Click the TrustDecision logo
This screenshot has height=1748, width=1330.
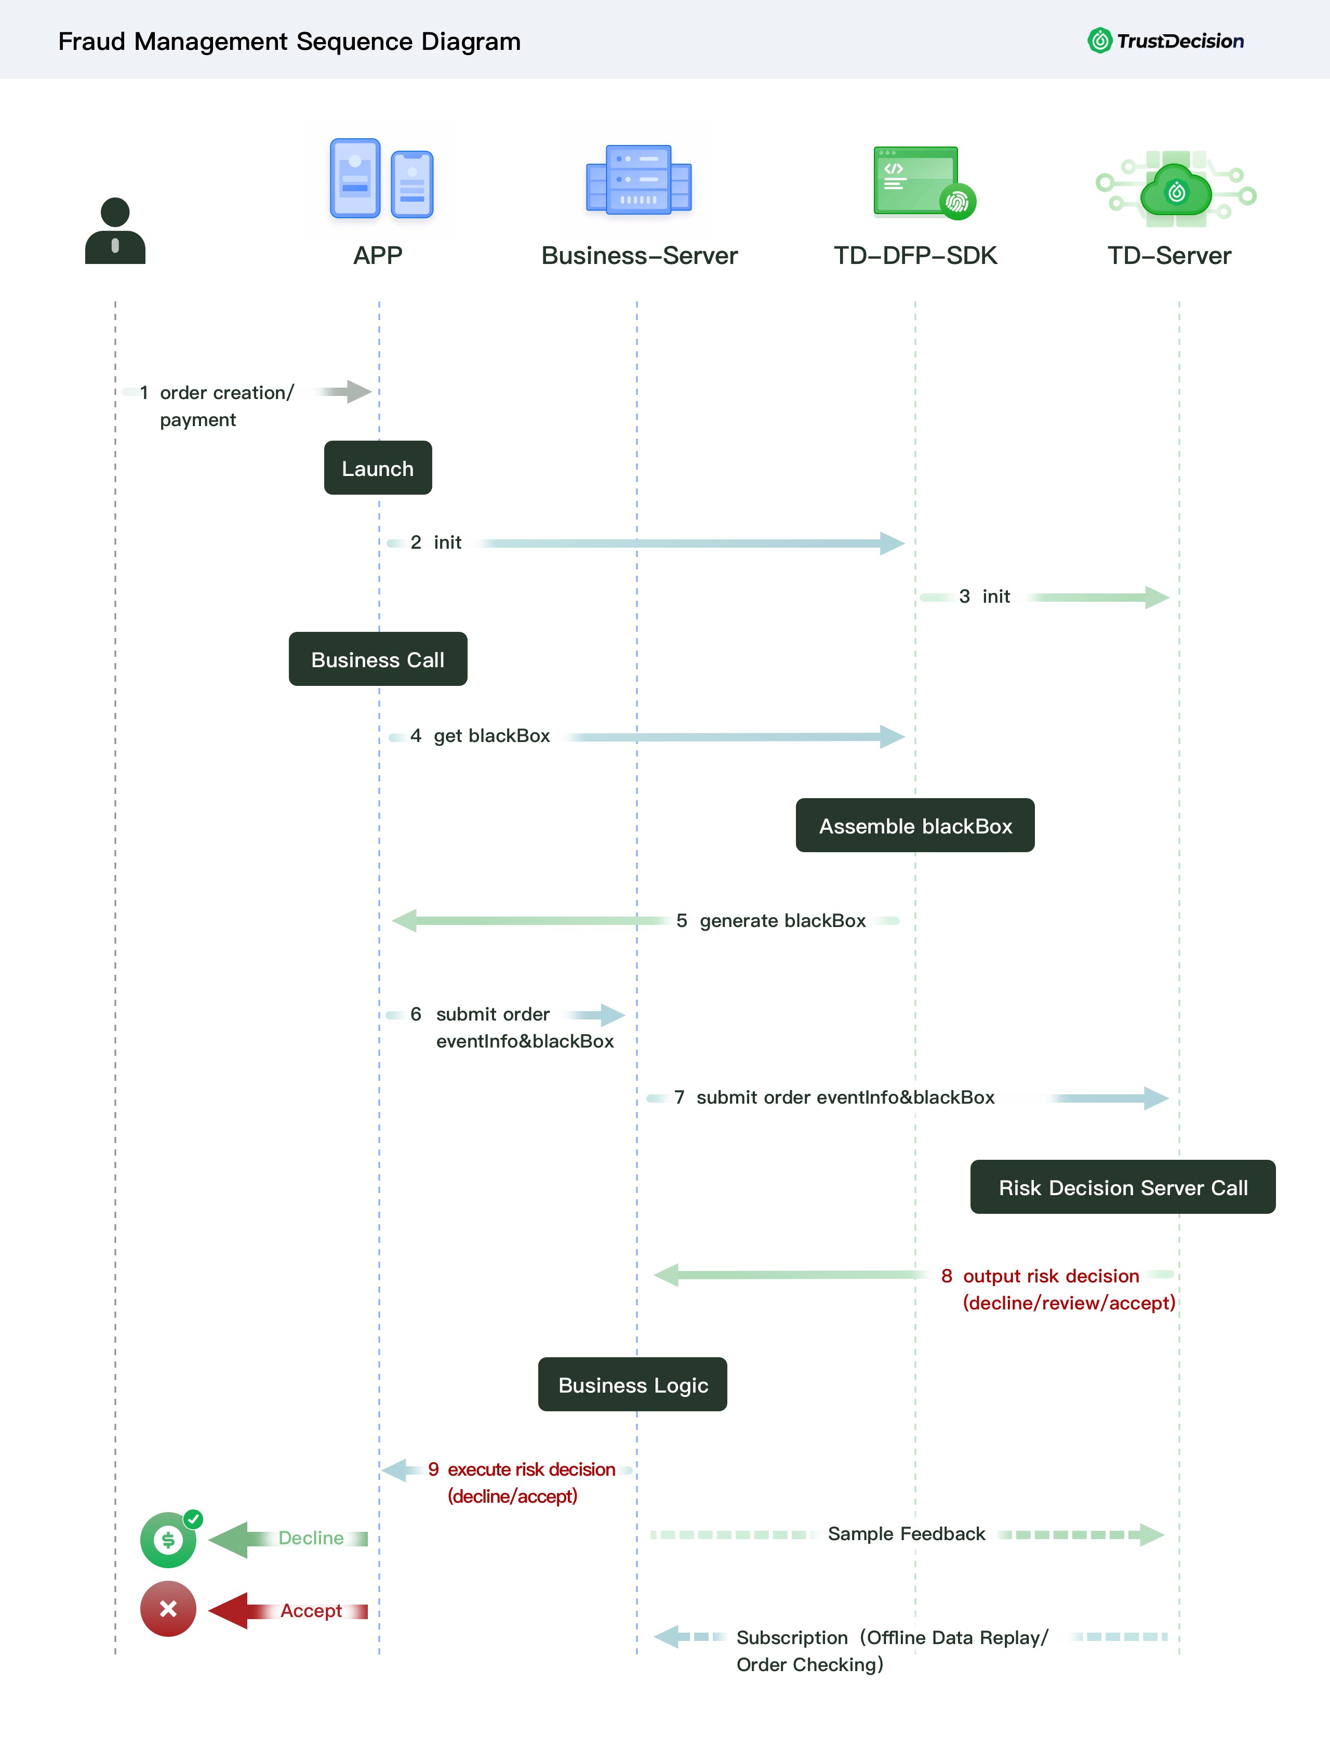click(1165, 41)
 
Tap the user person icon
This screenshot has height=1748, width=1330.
click(115, 230)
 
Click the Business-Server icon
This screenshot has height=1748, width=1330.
click(638, 180)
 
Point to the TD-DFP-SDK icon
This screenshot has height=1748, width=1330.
click(924, 181)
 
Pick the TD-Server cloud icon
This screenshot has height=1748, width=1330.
click(1176, 190)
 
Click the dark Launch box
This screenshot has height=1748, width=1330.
click(378, 468)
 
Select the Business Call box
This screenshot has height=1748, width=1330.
click(378, 659)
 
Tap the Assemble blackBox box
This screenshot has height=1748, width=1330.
click(915, 825)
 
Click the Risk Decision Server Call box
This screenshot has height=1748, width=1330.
click(1123, 1187)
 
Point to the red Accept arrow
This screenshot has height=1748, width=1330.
click(288, 1611)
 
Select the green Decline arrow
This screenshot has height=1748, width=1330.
click(288, 1539)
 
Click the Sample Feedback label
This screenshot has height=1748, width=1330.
click(907, 1533)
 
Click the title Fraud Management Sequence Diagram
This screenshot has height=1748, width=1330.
click(290, 41)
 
